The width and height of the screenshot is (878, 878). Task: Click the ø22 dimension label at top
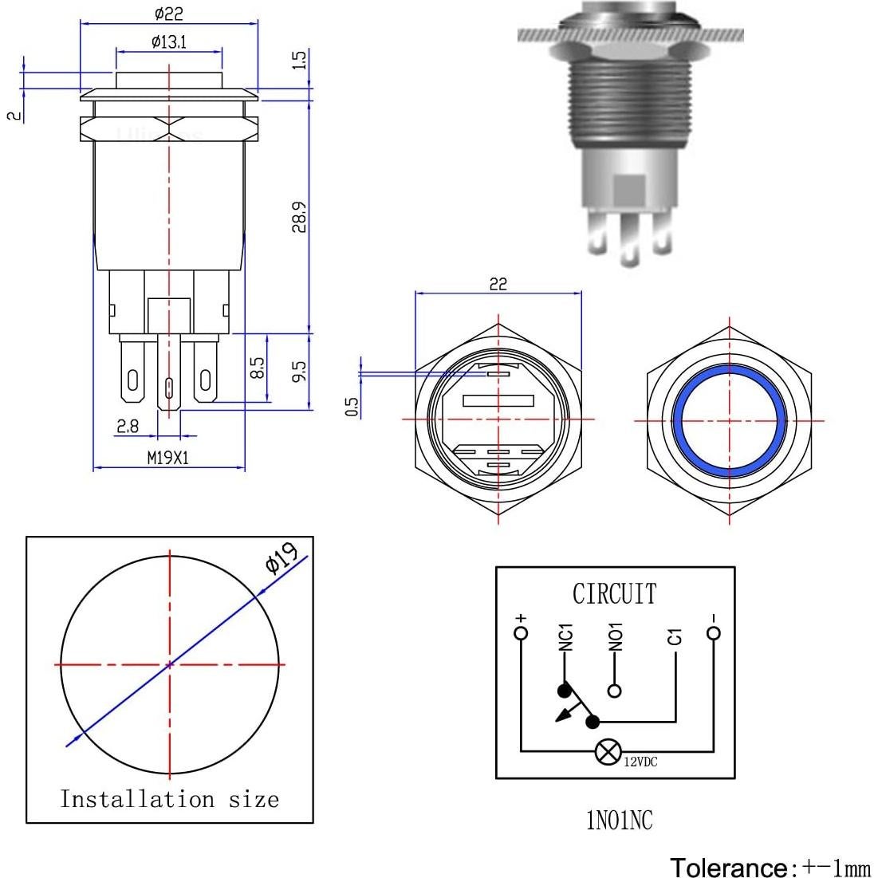pos(170,14)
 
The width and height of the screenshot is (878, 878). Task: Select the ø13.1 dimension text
pos(168,42)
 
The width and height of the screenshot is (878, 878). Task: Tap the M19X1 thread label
pos(168,457)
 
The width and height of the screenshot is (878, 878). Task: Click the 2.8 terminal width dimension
pos(128,427)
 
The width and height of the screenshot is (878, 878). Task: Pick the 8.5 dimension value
pos(257,368)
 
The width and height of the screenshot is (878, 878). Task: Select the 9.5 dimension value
pos(299,371)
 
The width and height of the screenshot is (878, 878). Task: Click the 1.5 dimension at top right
pos(299,60)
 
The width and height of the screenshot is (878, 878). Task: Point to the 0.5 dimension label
pos(352,406)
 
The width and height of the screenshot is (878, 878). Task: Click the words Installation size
pos(170,799)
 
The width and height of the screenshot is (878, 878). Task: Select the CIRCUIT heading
pos(614,594)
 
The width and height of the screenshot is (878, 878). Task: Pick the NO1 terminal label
pos(615,637)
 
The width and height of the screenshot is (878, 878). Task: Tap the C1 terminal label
pos(675,637)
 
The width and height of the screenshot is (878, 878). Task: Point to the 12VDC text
pos(640,762)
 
